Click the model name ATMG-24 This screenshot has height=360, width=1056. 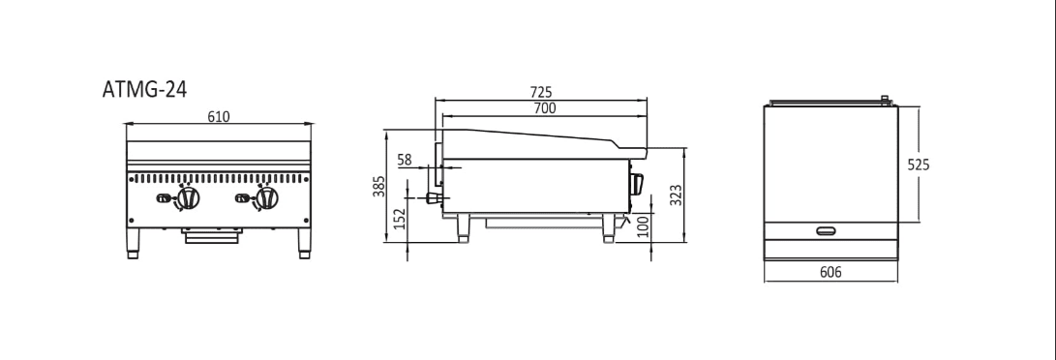coord(144,89)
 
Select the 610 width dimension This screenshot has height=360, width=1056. coord(218,117)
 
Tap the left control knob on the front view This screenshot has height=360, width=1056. coord(188,197)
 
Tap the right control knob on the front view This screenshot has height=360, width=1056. coord(267,197)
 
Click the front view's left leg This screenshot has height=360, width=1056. coord(134,244)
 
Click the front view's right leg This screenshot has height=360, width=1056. coord(304,244)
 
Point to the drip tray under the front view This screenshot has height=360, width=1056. coord(212,235)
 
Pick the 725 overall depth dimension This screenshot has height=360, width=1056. coord(541,92)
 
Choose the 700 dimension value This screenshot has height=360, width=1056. coord(544,108)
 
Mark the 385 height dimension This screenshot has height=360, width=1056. coord(378,186)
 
